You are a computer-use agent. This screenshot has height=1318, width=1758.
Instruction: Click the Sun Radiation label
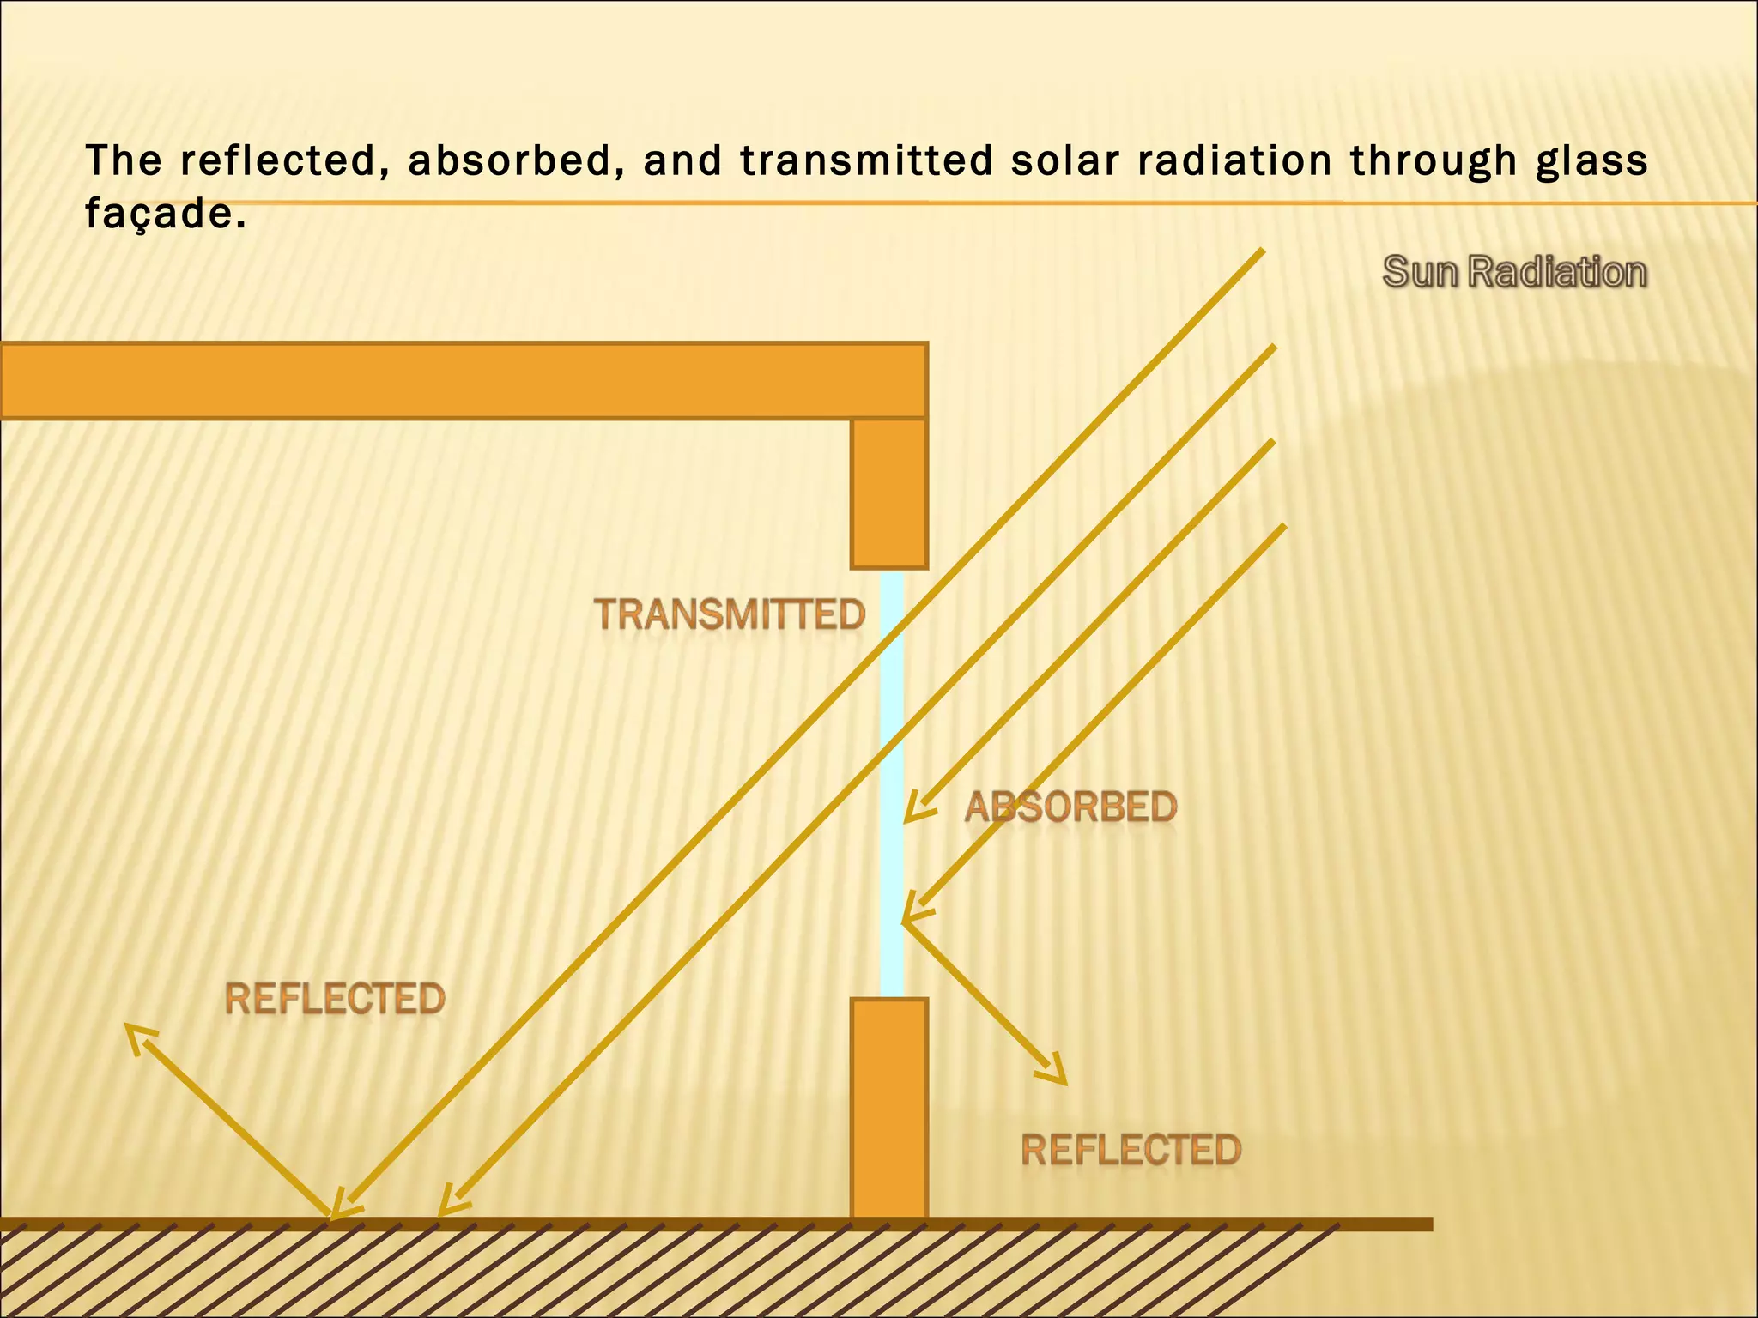1515,272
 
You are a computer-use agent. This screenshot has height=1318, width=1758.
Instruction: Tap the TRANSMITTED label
730,614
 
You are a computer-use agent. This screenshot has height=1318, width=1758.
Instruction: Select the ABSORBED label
1070,807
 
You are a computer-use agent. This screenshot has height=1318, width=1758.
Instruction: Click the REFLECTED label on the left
335,999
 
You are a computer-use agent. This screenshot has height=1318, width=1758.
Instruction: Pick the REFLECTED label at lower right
1131,1150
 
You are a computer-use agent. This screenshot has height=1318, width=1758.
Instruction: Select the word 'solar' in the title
1066,160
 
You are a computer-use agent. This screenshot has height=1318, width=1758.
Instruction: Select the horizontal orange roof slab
464,380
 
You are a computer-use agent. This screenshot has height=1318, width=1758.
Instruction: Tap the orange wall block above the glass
889,493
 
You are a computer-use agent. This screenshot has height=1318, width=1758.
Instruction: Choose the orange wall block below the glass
889,1107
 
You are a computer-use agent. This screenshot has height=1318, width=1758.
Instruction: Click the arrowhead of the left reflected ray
136,1034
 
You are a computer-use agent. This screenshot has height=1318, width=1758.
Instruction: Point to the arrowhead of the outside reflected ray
1057,1073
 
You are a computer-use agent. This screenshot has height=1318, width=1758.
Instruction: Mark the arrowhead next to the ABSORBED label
915,811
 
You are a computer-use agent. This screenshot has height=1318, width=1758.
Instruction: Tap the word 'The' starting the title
124,160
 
